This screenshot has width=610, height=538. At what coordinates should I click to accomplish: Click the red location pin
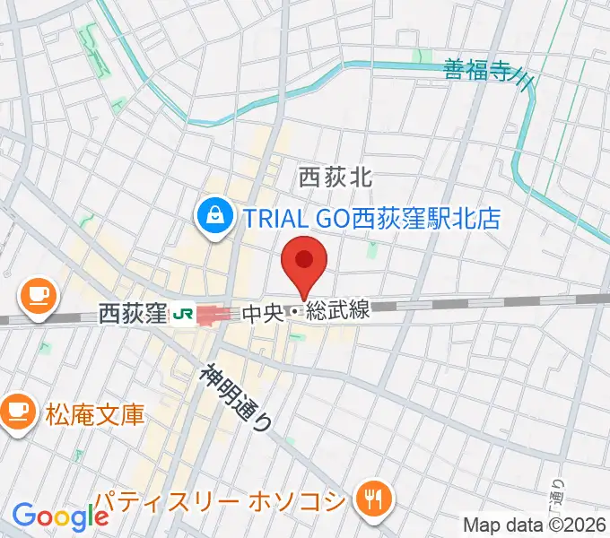(x=304, y=261)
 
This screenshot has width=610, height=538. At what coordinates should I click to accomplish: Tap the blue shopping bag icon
(x=216, y=216)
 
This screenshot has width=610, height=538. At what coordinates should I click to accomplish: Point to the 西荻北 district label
(x=335, y=178)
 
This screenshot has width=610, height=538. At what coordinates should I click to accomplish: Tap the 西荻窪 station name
(x=133, y=314)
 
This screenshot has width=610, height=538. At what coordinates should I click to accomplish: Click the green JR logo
(x=184, y=314)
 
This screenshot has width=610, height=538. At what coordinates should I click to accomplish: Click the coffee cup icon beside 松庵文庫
(x=17, y=412)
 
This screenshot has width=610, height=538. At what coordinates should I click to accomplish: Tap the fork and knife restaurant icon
(x=370, y=499)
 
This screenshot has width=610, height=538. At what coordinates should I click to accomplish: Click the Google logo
(x=60, y=516)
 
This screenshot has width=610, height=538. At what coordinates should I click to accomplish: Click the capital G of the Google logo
(x=23, y=516)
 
